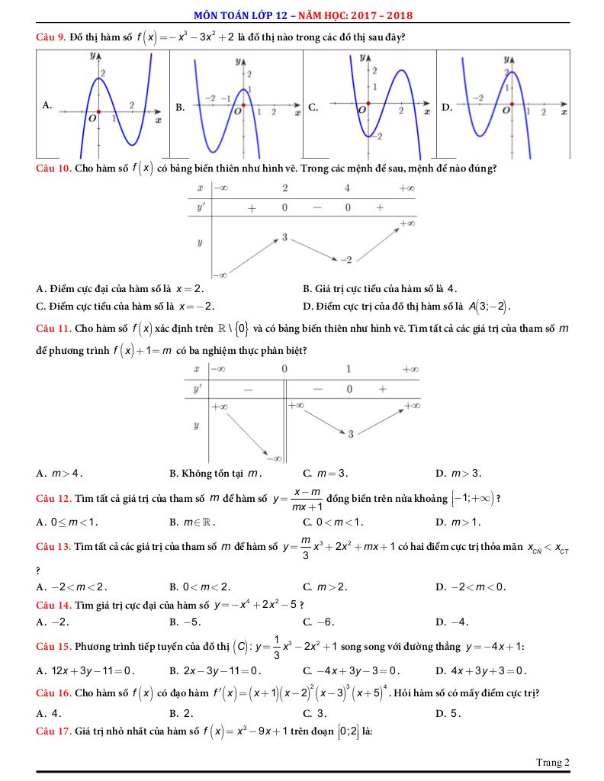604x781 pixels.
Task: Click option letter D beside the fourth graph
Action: (x=446, y=108)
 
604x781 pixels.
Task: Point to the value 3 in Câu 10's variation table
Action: (x=284, y=237)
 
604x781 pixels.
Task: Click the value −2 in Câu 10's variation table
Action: (x=346, y=260)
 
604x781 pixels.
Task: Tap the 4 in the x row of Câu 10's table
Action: (x=347, y=188)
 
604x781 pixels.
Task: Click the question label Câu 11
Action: (x=53, y=329)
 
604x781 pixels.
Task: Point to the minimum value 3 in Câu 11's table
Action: (x=351, y=434)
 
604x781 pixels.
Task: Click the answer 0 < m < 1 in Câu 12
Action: (x=333, y=522)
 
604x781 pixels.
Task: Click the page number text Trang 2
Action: (x=553, y=762)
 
